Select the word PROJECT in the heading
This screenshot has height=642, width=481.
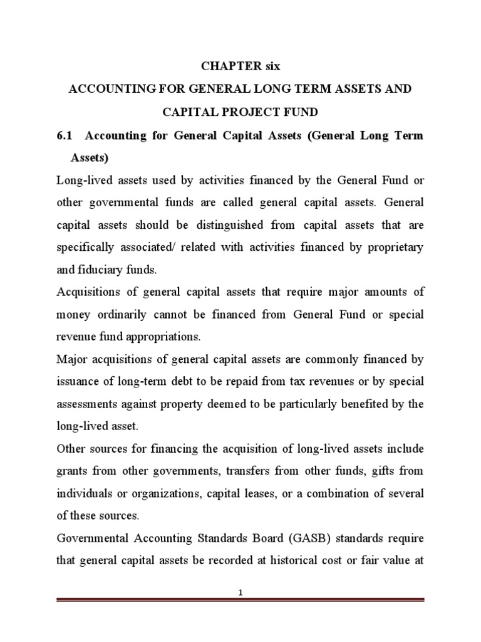239,113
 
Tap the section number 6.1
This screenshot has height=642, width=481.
65,136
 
